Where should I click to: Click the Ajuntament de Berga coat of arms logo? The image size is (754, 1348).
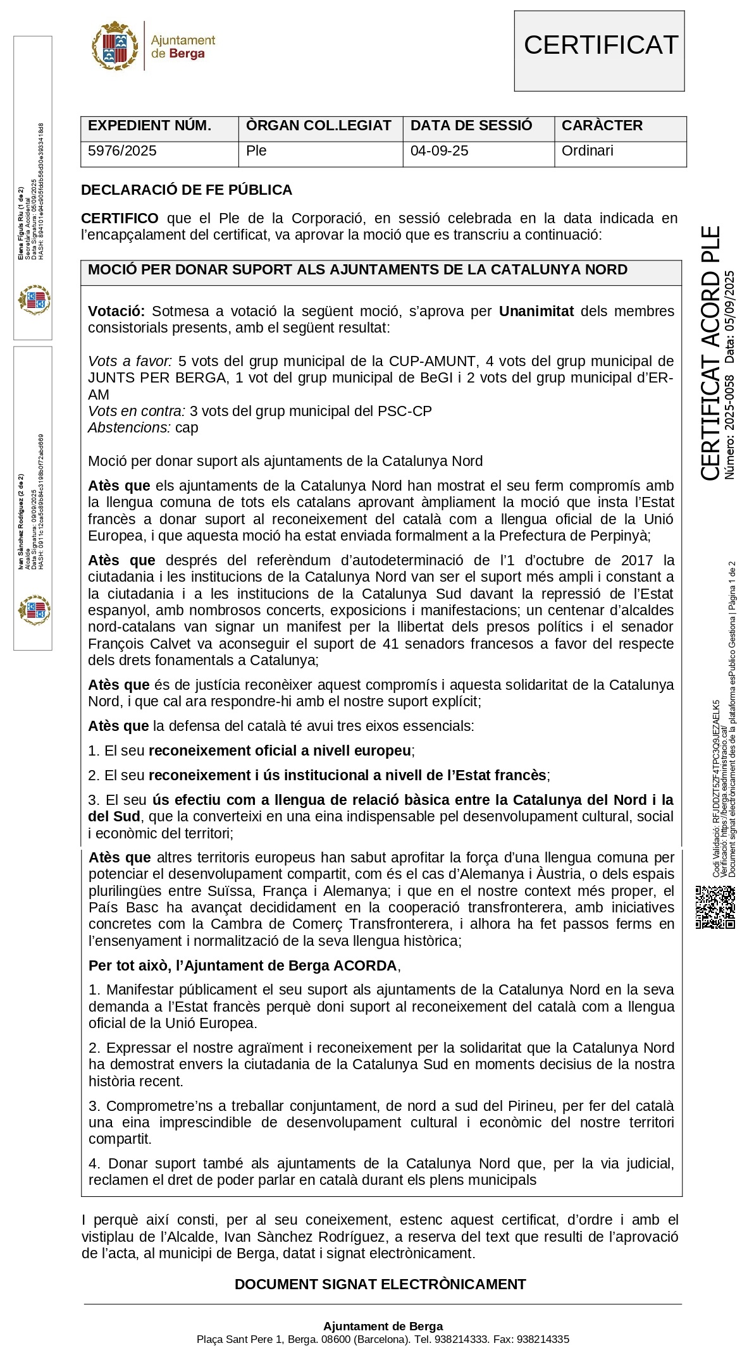click(x=114, y=46)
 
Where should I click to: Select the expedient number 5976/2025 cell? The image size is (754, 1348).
click(x=122, y=151)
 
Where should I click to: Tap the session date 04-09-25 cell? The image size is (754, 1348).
click(x=439, y=151)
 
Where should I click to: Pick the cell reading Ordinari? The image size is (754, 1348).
click(x=587, y=151)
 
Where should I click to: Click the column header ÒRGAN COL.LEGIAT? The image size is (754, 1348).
click(x=318, y=126)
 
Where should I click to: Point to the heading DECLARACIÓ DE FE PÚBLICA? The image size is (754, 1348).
click(x=187, y=190)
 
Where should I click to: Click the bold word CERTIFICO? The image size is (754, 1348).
click(x=120, y=219)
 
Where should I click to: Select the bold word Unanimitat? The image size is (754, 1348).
click(x=536, y=312)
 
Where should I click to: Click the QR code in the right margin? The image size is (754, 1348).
click(x=715, y=907)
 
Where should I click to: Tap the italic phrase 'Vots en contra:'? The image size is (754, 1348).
click(x=137, y=412)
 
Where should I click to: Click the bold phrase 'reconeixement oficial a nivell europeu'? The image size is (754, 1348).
click(x=280, y=751)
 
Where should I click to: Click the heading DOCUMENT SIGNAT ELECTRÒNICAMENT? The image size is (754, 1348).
click(x=380, y=1285)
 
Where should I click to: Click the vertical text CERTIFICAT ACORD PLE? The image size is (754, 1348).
click(x=711, y=354)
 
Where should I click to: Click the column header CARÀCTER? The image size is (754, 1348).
click(x=602, y=126)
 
